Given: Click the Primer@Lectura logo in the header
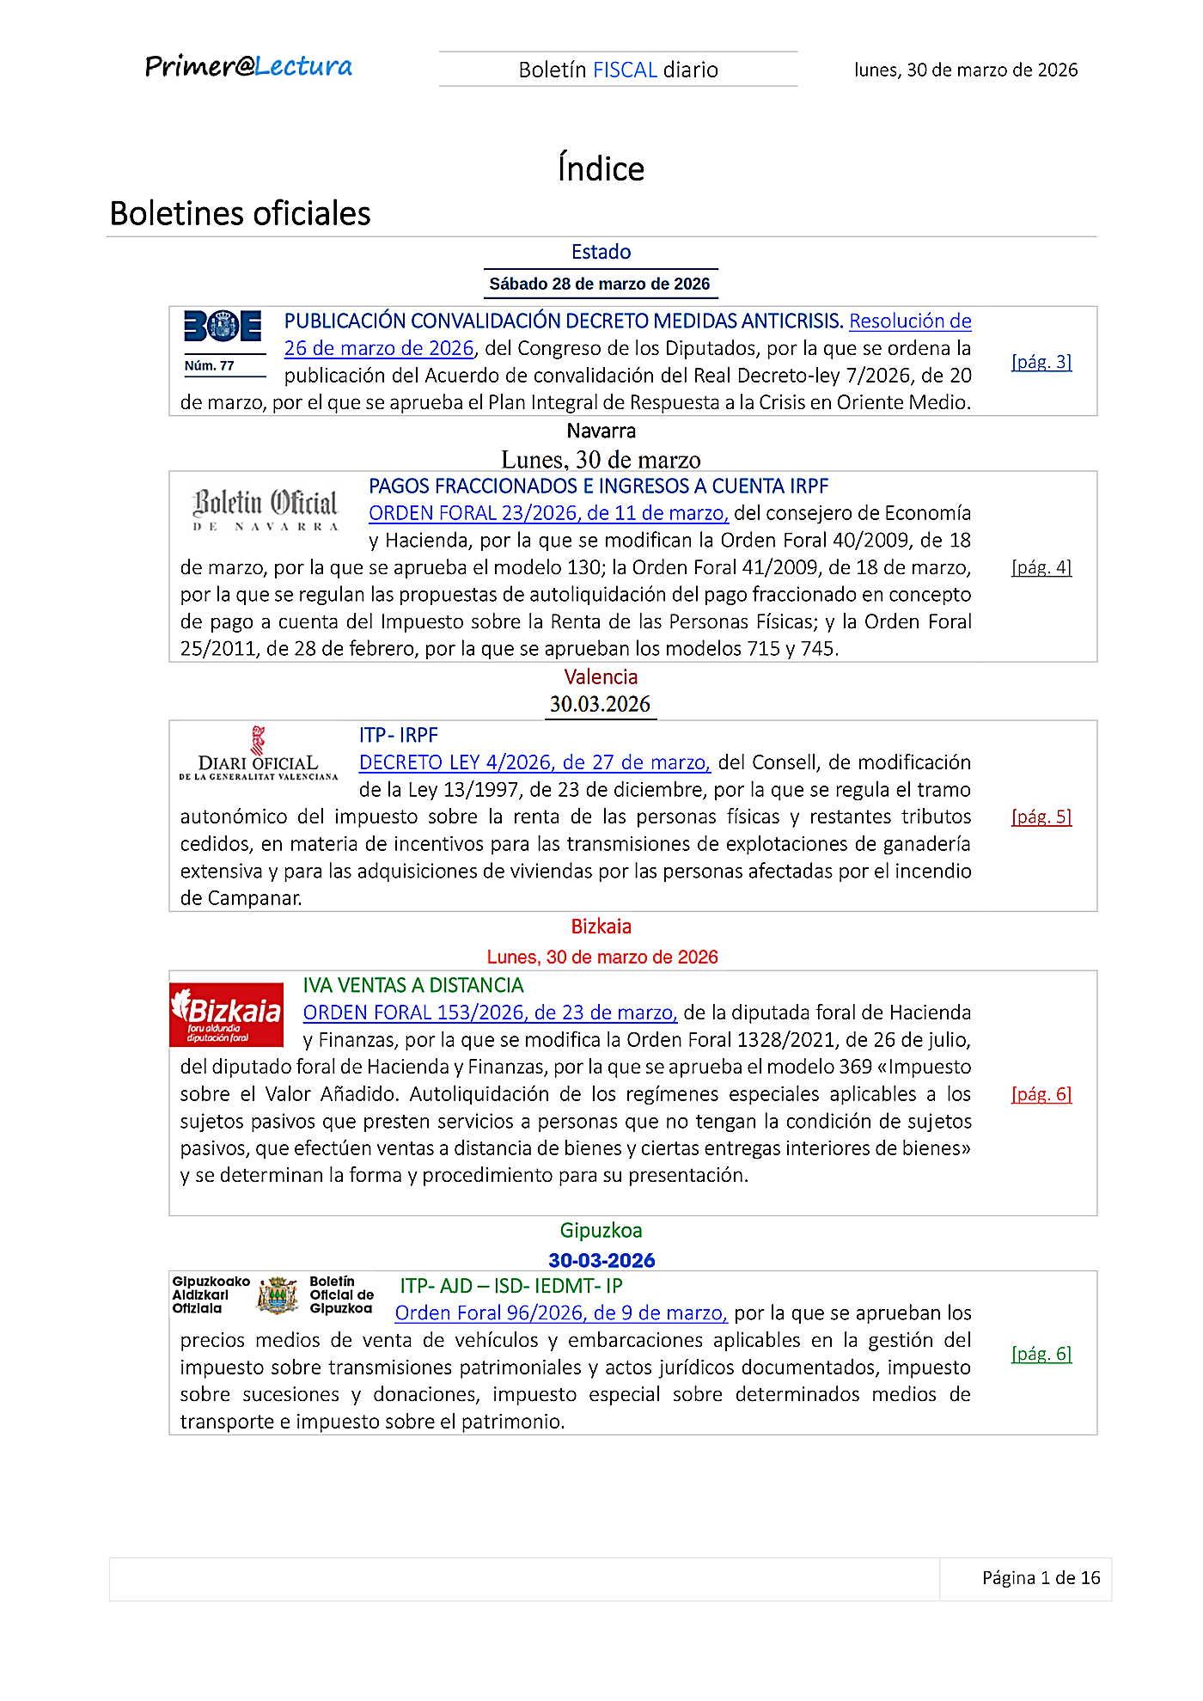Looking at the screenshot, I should point(248,67).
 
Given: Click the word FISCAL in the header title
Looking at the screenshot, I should point(625,70).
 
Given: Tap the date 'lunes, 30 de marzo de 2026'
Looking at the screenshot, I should point(965,70).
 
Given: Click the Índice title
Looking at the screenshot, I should point(601,168).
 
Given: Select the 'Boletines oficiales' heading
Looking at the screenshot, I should point(241,214).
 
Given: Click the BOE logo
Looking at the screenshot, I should point(223,327).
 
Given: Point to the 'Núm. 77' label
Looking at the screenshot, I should point(210,366).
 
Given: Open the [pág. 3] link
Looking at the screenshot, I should point(1041,362).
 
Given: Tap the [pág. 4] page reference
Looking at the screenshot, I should point(1041,567).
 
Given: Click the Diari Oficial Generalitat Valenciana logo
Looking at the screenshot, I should point(259,756).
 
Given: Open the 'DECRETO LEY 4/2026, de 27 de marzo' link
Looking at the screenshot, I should point(534,762).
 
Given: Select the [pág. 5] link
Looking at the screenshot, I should point(1041,817).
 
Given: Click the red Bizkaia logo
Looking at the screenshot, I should point(227,1015).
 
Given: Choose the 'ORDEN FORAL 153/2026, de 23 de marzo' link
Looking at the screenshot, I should point(490,1013).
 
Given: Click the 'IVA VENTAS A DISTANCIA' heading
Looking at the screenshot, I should point(413,985).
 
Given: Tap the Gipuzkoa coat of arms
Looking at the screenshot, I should point(278,1295).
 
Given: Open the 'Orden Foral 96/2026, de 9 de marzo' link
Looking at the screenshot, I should point(561,1313).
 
